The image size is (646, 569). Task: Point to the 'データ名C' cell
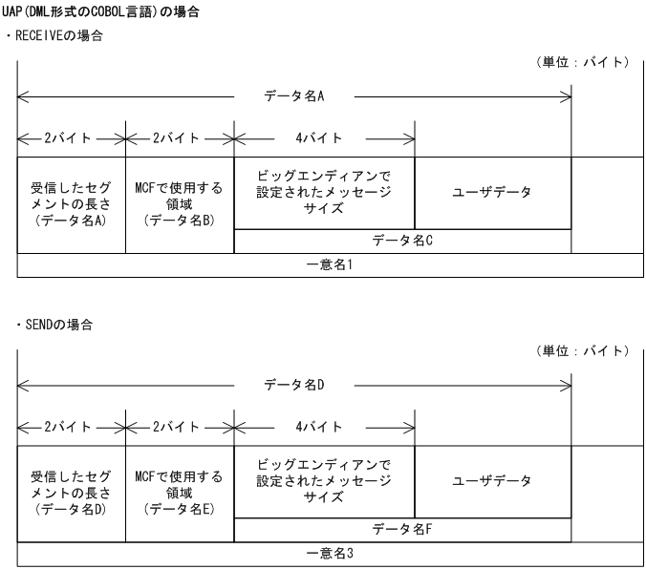402,242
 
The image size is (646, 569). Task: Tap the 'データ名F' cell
402,531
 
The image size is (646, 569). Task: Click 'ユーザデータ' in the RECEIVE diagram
492,192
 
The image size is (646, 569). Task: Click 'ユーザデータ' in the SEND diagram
492,481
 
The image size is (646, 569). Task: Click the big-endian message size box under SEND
324,481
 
